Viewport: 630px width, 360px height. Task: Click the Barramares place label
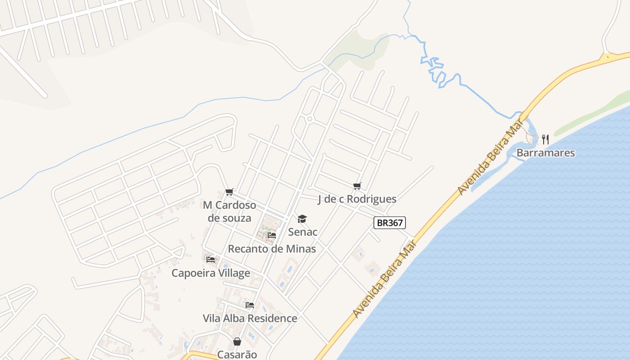click(x=545, y=153)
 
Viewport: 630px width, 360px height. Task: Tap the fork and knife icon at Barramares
click(x=545, y=139)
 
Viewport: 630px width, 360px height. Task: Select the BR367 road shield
click(x=389, y=222)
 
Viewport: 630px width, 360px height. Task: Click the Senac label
click(x=302, y=232)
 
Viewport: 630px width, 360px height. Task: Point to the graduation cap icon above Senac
click(x=302, y=219)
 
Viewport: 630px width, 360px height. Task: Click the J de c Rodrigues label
click(x=357, y=199)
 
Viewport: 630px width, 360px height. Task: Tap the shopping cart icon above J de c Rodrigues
click(x=357, y=186)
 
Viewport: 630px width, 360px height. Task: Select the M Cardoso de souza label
click(x=229, y=211)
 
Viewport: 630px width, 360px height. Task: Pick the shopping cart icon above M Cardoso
click(x=229, y=192)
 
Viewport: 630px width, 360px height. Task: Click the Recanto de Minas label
click(x=272, y=248)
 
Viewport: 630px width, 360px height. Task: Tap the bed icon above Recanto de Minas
click(x=272, y=235)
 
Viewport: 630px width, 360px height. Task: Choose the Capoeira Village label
click(x=211, y=273)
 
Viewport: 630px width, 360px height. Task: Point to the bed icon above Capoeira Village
click(x=211, y=259)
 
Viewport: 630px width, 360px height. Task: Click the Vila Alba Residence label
click(x=250, y=318)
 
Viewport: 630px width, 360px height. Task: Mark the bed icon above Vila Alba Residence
click(x=250, y=305)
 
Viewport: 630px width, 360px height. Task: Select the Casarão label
click(x=237, y=354)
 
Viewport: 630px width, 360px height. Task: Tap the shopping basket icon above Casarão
click(x=237, y=342)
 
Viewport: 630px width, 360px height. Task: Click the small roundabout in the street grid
click(x=310, y=119)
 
